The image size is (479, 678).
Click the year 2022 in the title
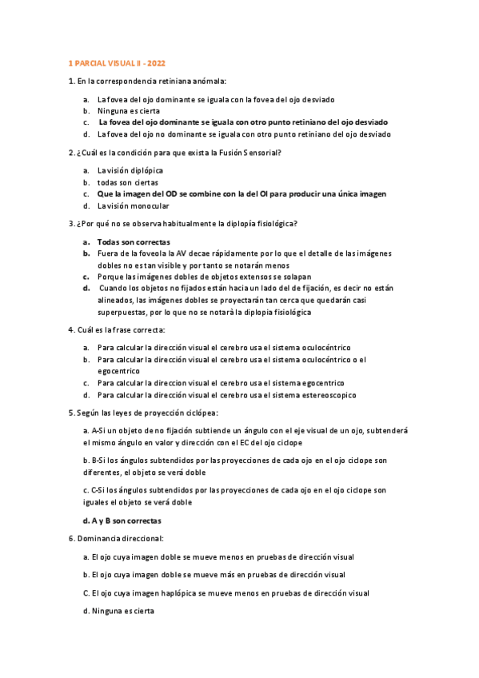157,62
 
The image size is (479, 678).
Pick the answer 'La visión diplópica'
130,170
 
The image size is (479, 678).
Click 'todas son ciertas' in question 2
128,182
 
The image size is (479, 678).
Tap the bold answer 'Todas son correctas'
134,241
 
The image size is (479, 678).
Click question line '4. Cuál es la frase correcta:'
117,329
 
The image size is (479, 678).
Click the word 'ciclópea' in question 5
201,413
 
